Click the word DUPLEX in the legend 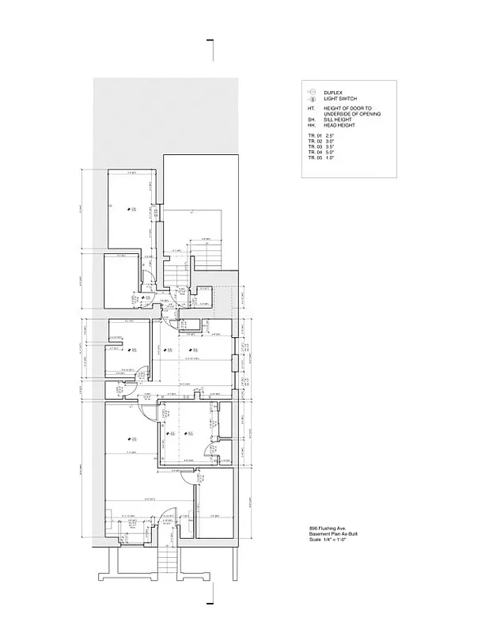(x=332, y=93)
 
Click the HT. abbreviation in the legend (x=312, y=108)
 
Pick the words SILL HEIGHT (x=339, y=120)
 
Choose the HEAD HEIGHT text (x=340, y=126)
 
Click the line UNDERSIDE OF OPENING (x=353, y=115)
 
